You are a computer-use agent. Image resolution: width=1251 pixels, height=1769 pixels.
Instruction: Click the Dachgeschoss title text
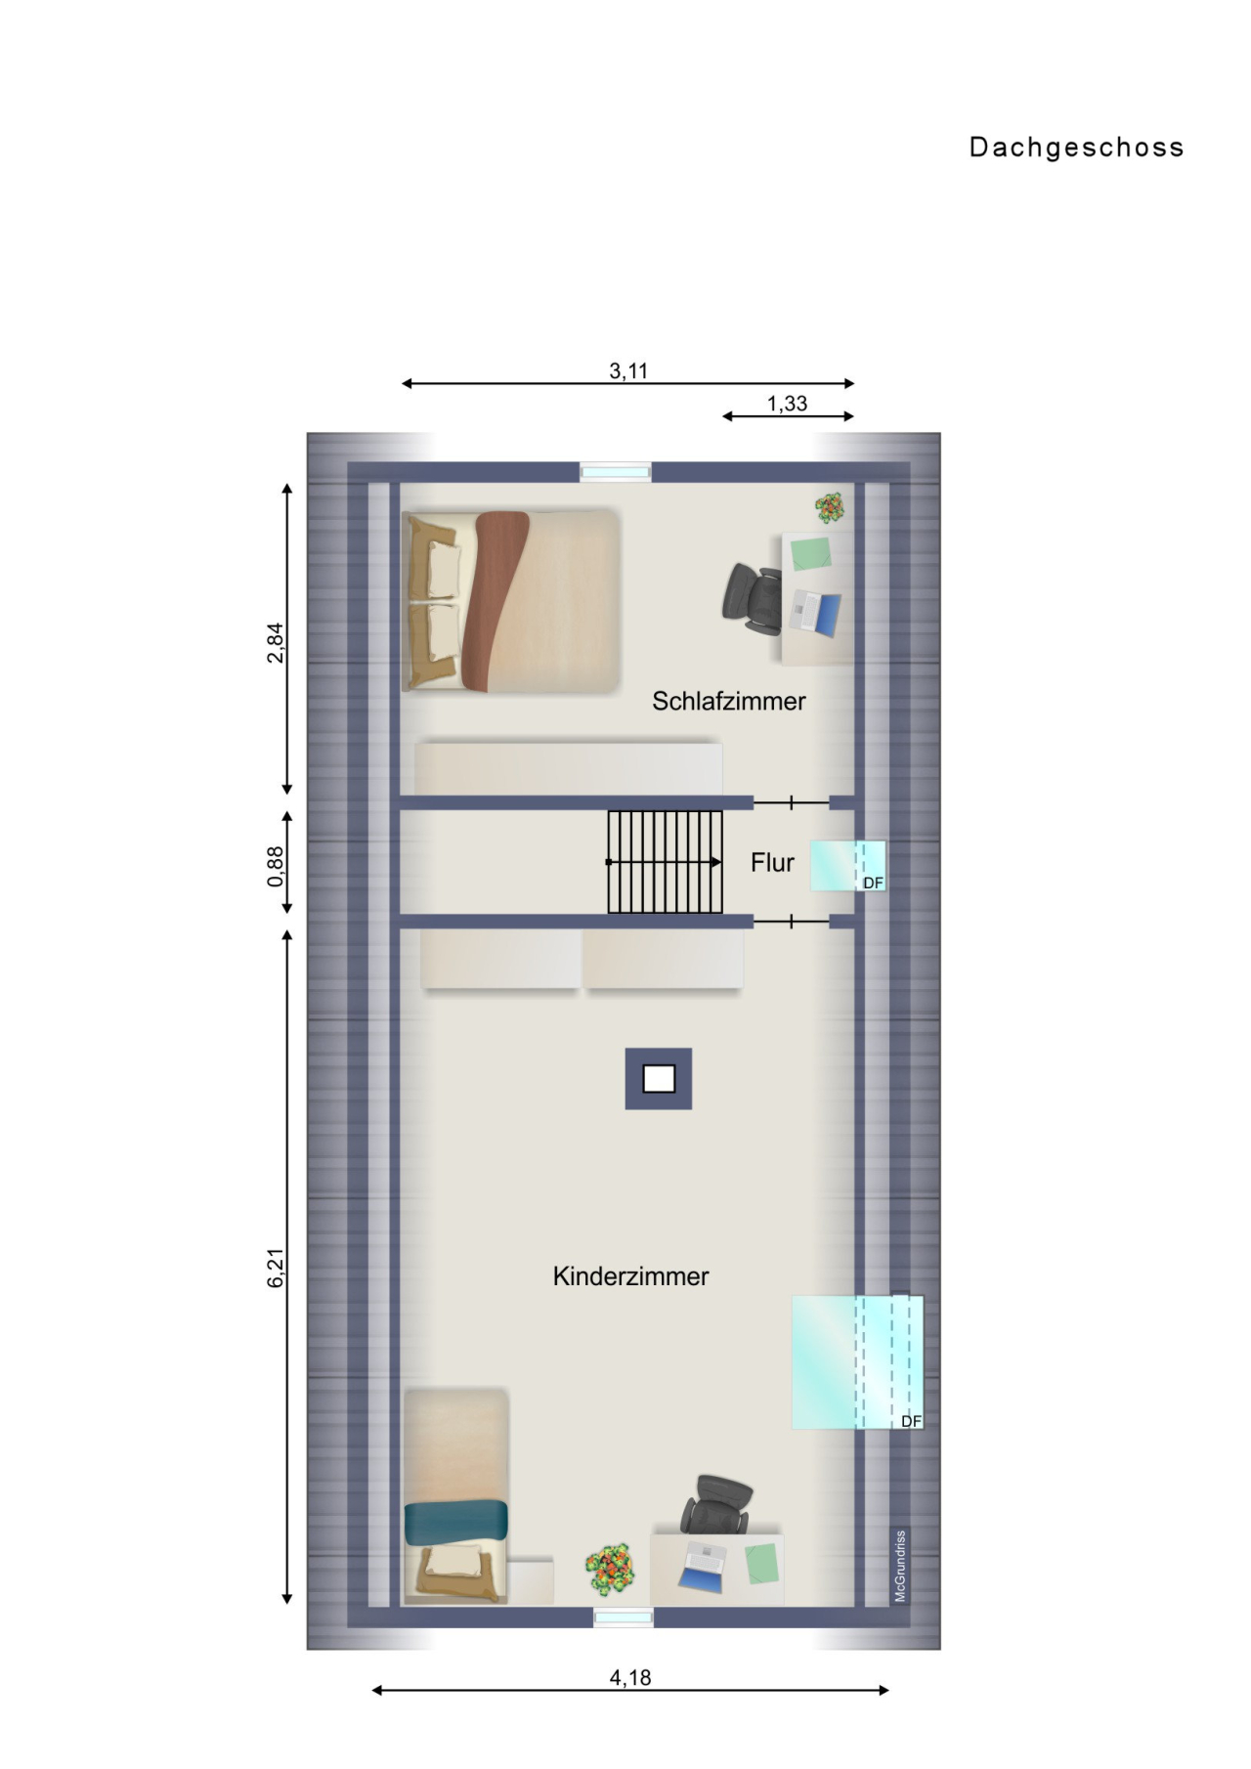pyautogui.click(x=1076, y=148)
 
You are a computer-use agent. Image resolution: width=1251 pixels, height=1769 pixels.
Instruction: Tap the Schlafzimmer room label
pyautogui.click(x=728, y=701)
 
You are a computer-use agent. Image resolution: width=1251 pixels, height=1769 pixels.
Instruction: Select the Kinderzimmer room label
pyautogui.click(x=630, y=1275)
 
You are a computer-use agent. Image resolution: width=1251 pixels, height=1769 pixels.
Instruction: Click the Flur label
pyautogui.click(x=771, y=862)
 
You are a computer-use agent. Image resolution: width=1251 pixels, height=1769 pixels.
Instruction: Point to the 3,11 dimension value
pyautogui.click(x=628, y=370)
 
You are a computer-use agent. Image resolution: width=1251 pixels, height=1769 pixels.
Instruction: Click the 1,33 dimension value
pyautogui.click(x=787, y=403)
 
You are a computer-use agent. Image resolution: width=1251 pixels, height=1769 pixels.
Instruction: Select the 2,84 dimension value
pyautogui.click(x=276, y=642)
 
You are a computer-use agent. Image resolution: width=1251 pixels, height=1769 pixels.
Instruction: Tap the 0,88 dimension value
pyautogui.click(x=276, y=865)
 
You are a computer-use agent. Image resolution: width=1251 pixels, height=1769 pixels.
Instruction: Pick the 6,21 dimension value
pyautogui.click(x=276, y=1268)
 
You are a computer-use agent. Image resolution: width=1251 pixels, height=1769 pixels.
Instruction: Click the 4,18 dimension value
pyautogui.click(x=630, y=1677)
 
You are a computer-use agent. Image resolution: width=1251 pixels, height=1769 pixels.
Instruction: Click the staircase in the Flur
pyautogui.click(x=665, y=862)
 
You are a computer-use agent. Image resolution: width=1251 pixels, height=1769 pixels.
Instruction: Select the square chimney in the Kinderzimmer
pyautogui.click(x=659, y=1079)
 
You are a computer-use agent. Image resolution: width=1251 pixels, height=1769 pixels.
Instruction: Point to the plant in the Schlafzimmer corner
pyautogui.click(x=830, y=507)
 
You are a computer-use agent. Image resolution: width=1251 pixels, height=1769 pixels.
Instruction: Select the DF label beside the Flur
pyautogui.click(x=873, y=883)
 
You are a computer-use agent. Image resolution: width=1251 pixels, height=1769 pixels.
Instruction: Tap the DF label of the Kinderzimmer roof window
pyautogui.click(x=911, y=1421)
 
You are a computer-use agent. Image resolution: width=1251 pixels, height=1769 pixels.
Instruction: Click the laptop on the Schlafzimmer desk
pyautogui.click(x=816, y=613)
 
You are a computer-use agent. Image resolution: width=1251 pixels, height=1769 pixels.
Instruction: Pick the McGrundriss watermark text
pyautogui.click(x=900, y=1565)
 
